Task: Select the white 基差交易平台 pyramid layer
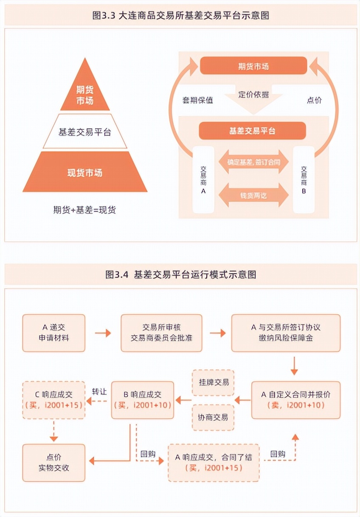[x=85, y=132]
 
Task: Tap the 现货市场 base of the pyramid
[x=85, y=173]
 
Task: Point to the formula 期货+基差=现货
[x=84, y=210]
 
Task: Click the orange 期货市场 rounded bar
[x=253, y=66]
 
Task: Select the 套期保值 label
[x=198, y=101]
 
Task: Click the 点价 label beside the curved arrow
[x=314, y=101]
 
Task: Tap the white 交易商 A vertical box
[x=203, y=179]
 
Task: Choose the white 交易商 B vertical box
[x=304, y=179]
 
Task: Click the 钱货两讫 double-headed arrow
[x=253, y=196]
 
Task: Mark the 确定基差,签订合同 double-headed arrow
[x=253, y=162]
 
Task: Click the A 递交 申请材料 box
[x=53, y=333]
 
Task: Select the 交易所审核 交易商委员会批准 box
[x=161, y=333]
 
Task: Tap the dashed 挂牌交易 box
[x=213, y=382]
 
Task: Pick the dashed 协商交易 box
[x=213, y=417]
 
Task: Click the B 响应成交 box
[x=143, y=400]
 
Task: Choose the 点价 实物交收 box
[x=53, y=463]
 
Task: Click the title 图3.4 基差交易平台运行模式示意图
[x=180, y=274]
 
